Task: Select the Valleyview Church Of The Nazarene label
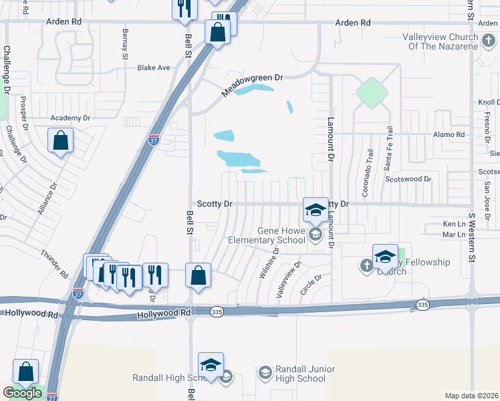pyautogui.click(x=441, y=41)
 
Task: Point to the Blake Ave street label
pyautogui.click(x=154, y=68)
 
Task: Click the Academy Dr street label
pyautogui.click(x=70, y=118)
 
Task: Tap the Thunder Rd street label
pyautogui.click(x=55, y=264)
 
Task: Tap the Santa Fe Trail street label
pyautogui.click(x=387, y=150)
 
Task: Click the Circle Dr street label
pyautogui.click(x=311, y=285)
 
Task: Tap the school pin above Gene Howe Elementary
pyautogui.click(x=315, y=211)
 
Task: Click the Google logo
pyautogui.click(x=22, y=394)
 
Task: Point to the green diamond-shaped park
pyautogui.click(x=372, y=93)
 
